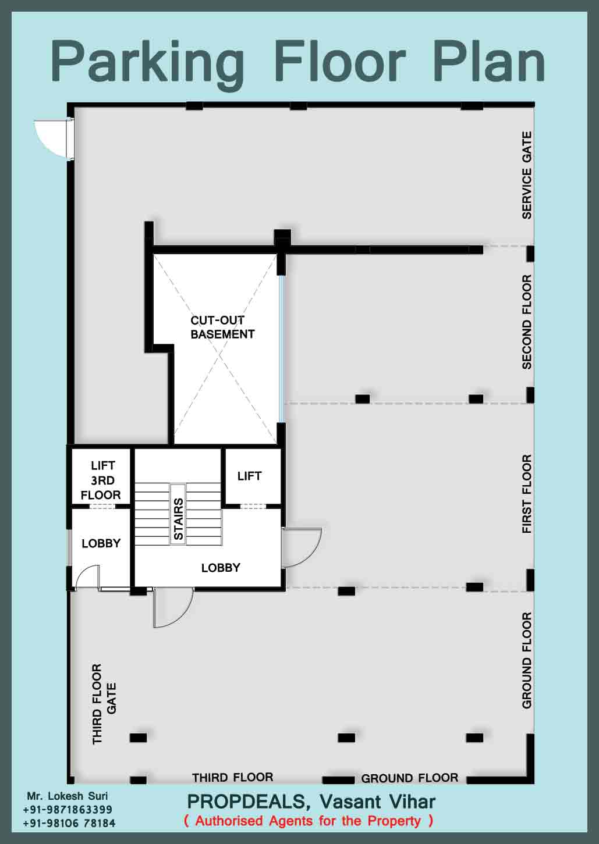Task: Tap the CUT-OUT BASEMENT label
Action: tap(222, 327)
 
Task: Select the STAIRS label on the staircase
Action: tap(178, 519)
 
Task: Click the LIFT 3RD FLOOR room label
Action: tap(101, 480)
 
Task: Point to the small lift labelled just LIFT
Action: tap(250, 476)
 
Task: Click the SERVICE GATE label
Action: tap(527, 175)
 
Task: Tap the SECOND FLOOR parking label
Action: tap(527, 322)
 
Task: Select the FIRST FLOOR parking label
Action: tap(527, 494)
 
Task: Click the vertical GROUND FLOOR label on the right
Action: tap(527, 660)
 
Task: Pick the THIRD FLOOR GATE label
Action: tap(104, 704)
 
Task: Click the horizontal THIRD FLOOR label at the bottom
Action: tap(233, 777)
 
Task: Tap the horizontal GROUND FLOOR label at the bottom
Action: tap(409, 778)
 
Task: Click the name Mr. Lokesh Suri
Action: tap(67, 796)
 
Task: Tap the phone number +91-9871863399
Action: tap(68, 809)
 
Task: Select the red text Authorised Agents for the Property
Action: tap(309, 821)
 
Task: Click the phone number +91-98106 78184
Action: tap(69, 823)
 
